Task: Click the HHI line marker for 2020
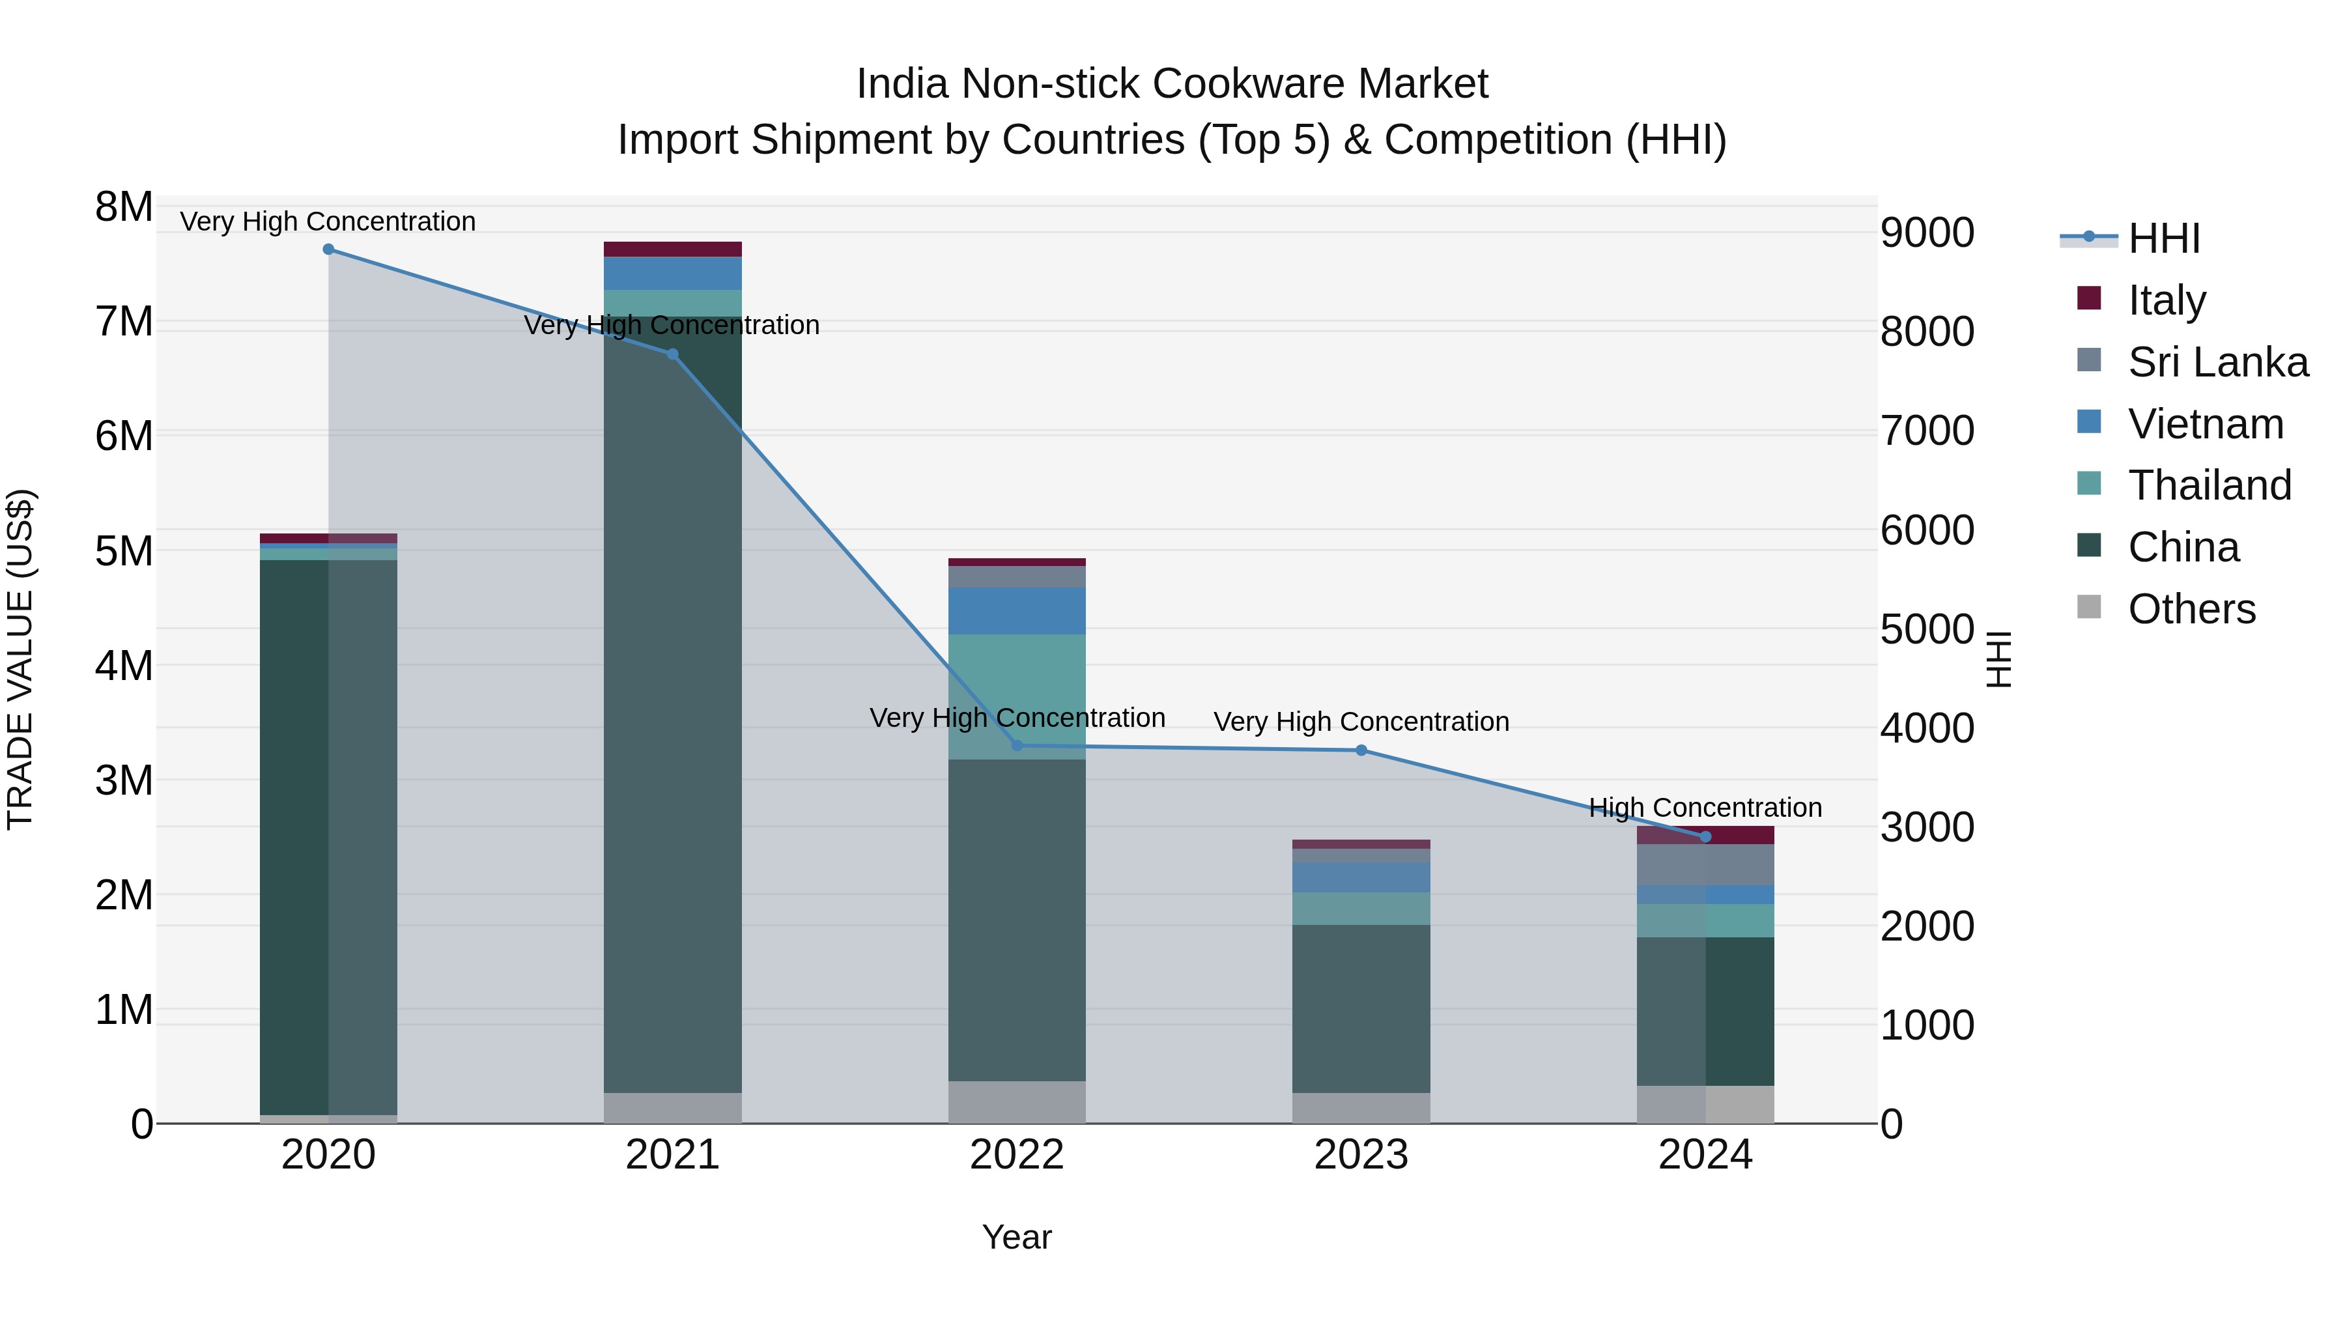pyautogui.click(x=329, y=249)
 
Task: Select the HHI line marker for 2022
pyautogui.click(x=1017, y=746)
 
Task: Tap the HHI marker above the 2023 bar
pyautogui.click(x=1361, y=750)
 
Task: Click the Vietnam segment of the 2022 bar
pyautogui.click(x=1017, y=611)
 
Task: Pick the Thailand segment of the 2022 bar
pyautogui.click(x=1017, y=696)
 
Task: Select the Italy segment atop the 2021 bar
pyautogui.click(x=673, y=249)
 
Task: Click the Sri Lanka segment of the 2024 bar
pyautogui.click(x=1705, y=865)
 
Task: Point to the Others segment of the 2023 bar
pyautogui.click(x=1361, y=1108)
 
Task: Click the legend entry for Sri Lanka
pyautogui.click(x=2217, y=362)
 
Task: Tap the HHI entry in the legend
pyautogui.click(x=2163, y=238)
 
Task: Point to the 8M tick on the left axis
pyautogui.click(x=124, y=206)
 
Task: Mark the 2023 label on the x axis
pyautogui.click(x=1361, y=1154)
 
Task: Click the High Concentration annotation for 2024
pyautogui.click(x=1705, y=808)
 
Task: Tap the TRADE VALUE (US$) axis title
pyautogui.click(x=20, y=659)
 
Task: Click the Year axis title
pyautogui.click(x=1017, y=1237)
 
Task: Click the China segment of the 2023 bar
pyautogui.click(x=1361, y=1008)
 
